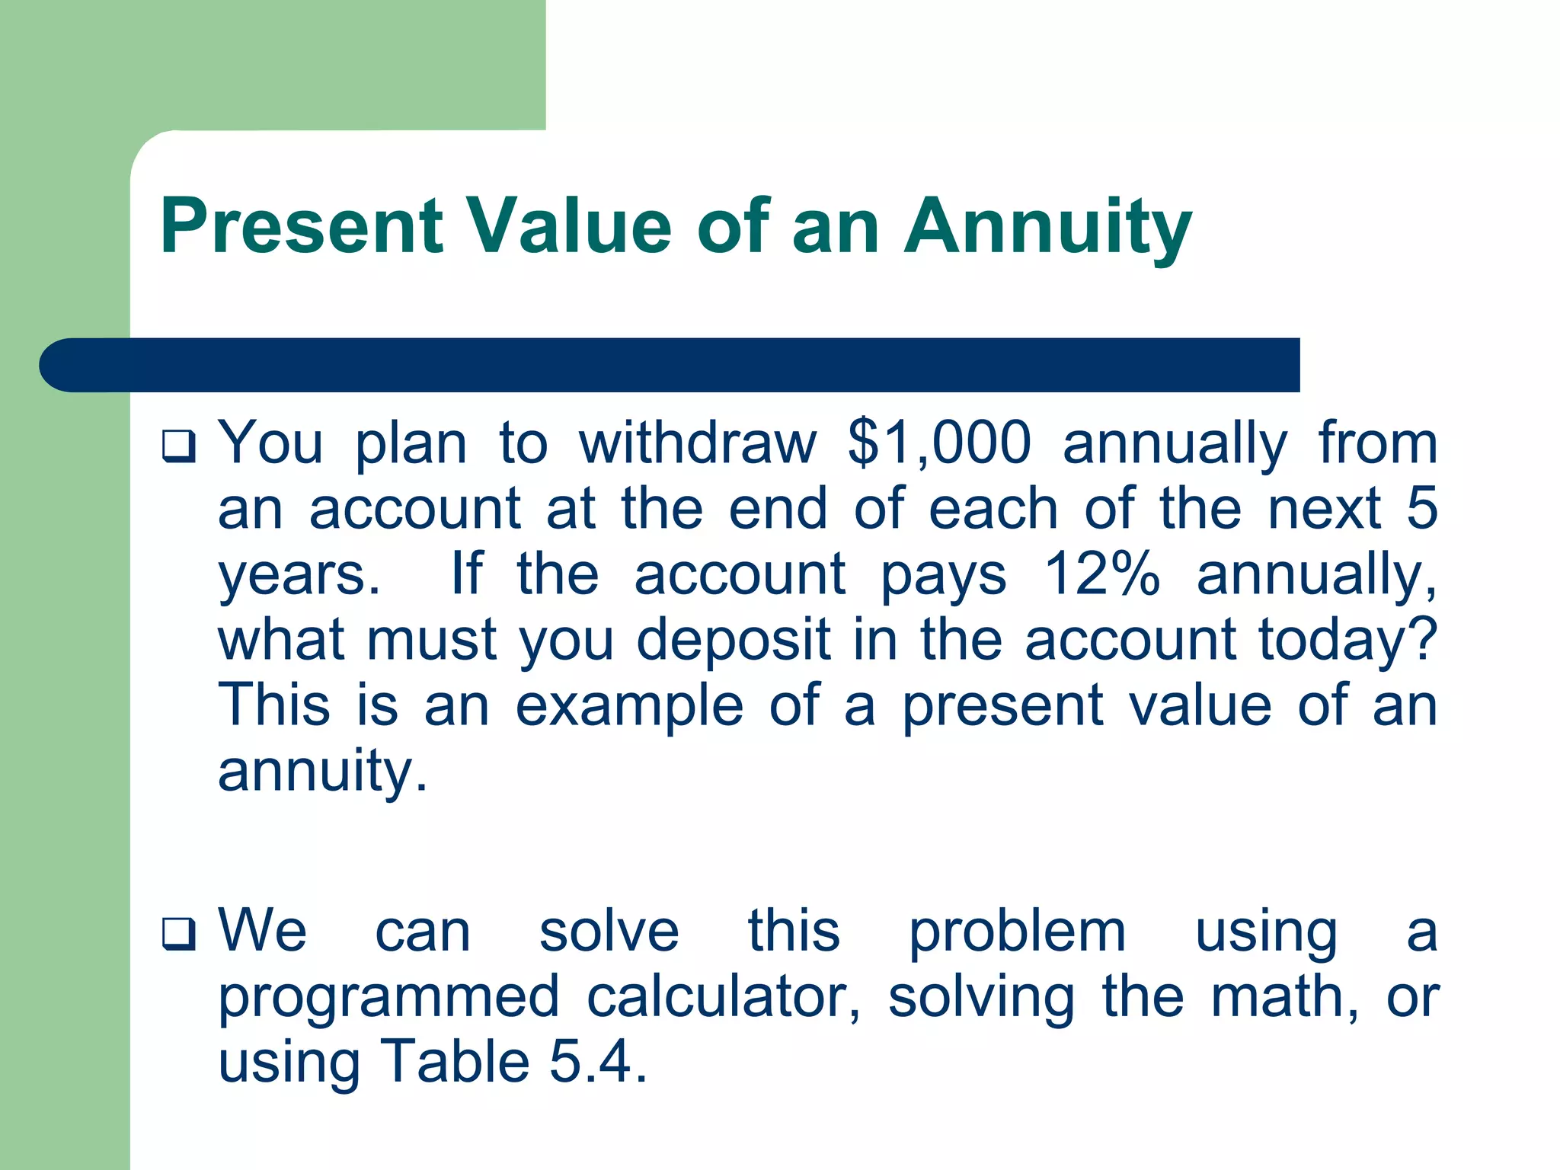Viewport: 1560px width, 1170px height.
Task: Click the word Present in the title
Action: click(302, 226)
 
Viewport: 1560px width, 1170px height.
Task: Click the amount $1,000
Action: click(939, 443)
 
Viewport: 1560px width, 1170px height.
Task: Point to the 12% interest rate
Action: click(1101, 574)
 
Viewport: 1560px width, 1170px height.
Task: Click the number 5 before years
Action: click(1421, 508)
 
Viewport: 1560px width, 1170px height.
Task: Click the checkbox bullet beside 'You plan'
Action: click(179, 446)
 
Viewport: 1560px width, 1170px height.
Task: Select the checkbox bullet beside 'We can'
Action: click(179, 934)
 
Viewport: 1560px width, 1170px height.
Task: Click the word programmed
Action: click(389, 998)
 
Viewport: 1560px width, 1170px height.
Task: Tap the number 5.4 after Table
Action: click(598, 1062)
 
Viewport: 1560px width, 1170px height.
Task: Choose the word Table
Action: click(455, 1062)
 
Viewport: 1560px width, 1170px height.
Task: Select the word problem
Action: click(1017, 932)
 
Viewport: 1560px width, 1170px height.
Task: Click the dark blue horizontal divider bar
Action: click(670, 365)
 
